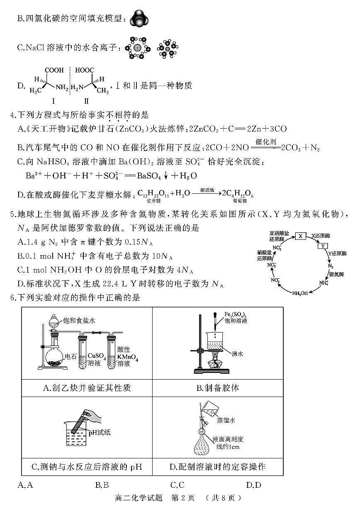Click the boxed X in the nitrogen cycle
[x=300, y=236]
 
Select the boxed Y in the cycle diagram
[x=323, y=246]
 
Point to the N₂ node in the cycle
[x=331, y=265]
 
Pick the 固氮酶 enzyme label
[x=334, y=274]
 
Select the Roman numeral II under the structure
[x=87, y=101]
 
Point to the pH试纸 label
[x=99, y=433]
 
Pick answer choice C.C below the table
[x=177, y=485]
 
